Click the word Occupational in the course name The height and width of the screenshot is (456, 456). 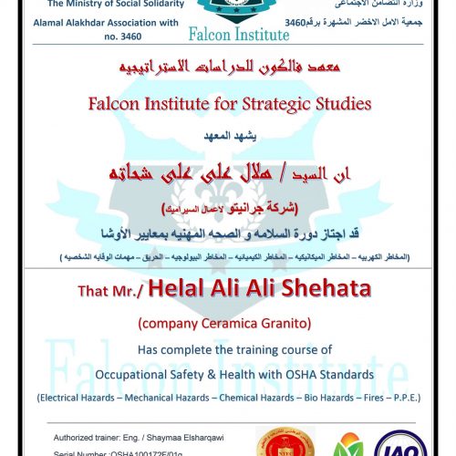point(141,373)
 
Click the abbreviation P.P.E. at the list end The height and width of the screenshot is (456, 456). point(401,398)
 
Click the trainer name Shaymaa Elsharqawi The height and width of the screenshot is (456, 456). point(186,425)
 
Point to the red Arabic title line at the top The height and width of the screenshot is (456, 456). point(229,69)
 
